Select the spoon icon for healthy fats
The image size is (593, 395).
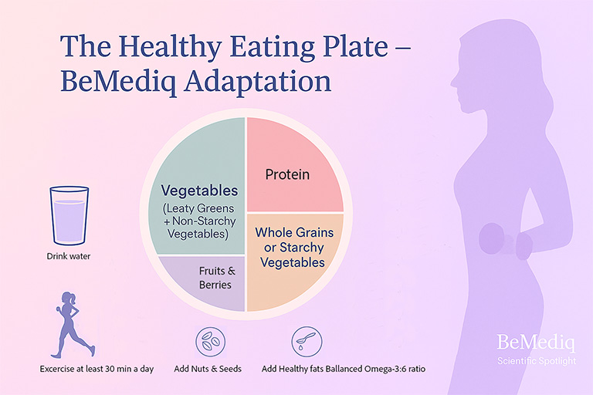point(303,339)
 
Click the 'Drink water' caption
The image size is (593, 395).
point(69,256)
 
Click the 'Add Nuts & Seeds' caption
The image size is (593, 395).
point(208,369)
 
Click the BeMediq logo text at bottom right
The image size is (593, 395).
point(536,342)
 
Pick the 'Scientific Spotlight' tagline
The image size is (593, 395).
point(536,360)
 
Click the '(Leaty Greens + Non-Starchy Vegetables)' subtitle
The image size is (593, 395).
point(198,221)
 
